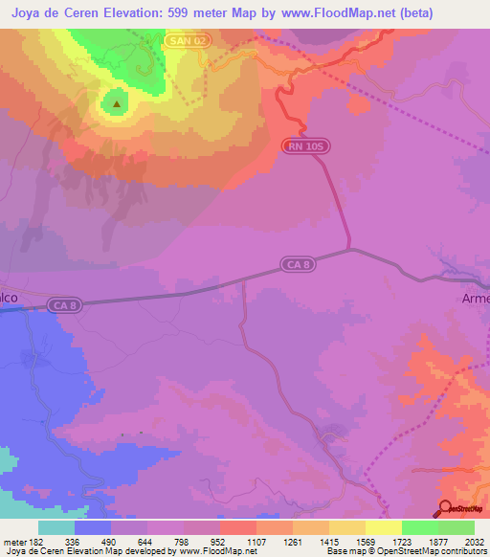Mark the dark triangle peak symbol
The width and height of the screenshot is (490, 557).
click(x=117, y=104)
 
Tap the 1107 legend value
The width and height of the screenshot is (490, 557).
click(x=256, y=541)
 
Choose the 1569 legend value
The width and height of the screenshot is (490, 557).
click(x=365, y=541)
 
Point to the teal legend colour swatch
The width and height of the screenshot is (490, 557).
click(x=56, y=527)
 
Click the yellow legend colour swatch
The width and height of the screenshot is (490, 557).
click(x=383, y=527)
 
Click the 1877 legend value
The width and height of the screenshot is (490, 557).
click(x=436, y=541)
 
